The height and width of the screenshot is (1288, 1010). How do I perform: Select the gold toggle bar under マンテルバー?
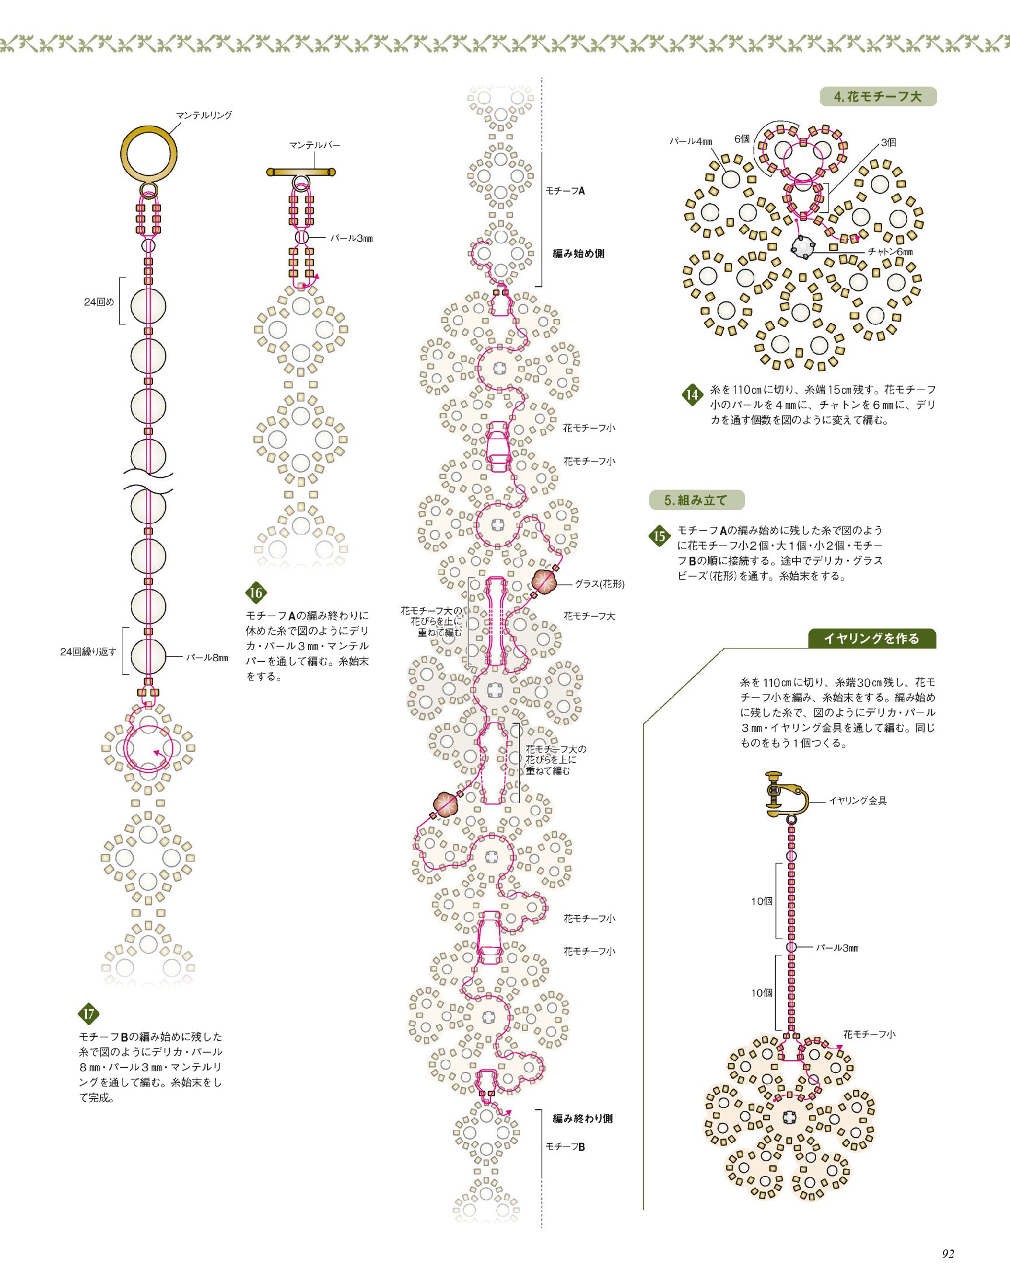tap(302, 172)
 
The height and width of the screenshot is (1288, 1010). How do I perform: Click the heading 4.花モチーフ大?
tap(877, 96)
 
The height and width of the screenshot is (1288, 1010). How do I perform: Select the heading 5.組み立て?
tap(696, 500)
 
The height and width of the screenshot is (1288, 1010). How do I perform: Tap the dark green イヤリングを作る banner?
tap(872, 638)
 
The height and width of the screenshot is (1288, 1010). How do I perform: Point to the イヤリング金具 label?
tap(858, 801)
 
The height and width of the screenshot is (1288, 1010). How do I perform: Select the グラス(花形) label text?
tap(600, 584)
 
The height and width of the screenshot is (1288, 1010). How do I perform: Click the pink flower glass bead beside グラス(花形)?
tap(545, 582)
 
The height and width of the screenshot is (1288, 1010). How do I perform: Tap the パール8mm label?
tap(207, 657)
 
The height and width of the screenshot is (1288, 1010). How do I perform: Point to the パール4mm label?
tap(691, 141)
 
